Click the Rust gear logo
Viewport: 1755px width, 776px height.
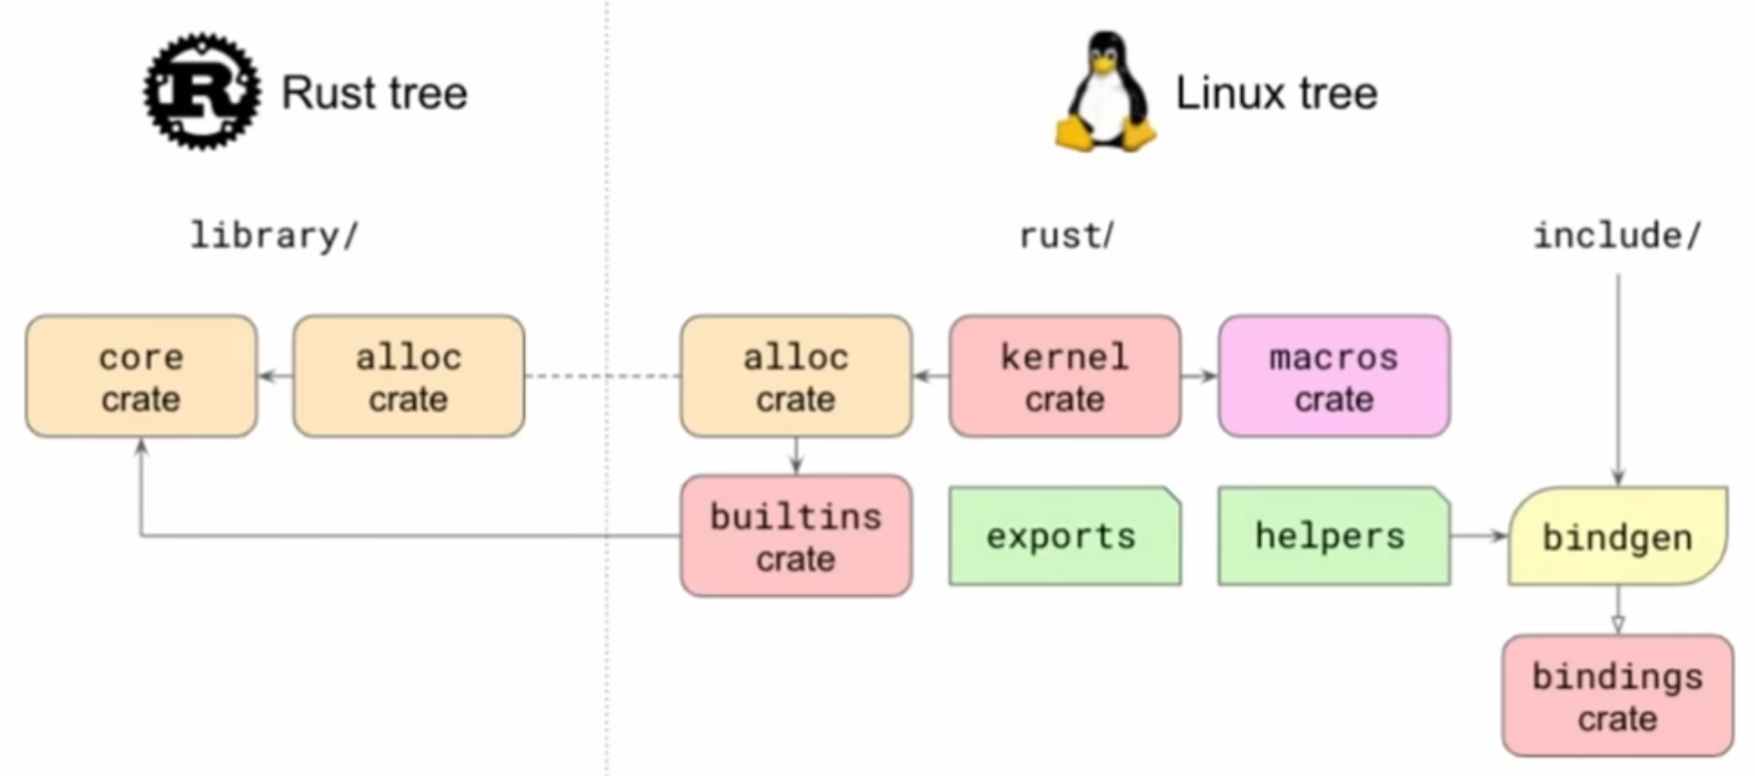202,91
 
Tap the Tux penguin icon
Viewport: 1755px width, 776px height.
1106,92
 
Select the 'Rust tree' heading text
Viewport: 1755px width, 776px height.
374,93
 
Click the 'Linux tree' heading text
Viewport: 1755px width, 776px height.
1276,93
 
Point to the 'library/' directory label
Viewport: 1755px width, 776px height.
274,236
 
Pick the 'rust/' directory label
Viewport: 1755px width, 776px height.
1066,236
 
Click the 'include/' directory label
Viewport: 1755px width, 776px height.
1617,236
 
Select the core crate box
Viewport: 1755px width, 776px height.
142,377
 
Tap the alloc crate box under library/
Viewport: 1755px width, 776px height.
409,377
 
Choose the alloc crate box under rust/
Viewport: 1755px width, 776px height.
796,377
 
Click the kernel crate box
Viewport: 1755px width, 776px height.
1065,377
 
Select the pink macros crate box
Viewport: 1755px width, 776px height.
1334,377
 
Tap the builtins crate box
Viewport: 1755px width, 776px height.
796,536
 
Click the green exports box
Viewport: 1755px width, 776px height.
1065,536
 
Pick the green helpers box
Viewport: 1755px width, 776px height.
1334,536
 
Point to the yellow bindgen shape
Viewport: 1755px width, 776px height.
1617,536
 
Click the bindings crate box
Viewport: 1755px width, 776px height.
1617,696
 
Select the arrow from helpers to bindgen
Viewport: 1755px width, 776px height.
1478,536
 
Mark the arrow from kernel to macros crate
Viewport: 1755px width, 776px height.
1199,377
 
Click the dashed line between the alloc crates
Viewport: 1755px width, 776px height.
603,377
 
